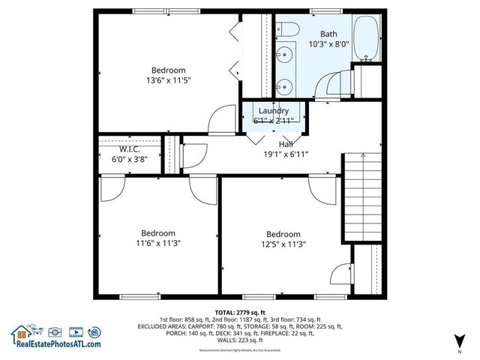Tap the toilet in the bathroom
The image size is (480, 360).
[289, 30]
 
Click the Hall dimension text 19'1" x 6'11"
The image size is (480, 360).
[286, 154]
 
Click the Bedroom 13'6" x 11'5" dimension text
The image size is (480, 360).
[168, 80]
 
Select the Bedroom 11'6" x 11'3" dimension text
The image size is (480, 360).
[157, 243]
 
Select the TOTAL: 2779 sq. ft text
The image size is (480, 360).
[240, 311]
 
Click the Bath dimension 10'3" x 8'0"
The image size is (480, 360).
[328, 44]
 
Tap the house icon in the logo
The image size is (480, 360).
[20, 332]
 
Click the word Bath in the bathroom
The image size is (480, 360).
[328, 34]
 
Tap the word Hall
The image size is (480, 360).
[286, 144]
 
